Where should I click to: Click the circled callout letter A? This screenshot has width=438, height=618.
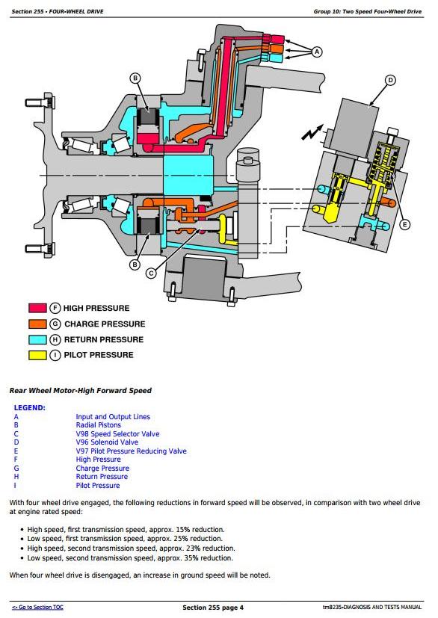click(x=317, y=52)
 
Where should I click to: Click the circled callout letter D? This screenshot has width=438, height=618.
click(x=390, y=81)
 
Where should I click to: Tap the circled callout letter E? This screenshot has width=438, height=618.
click(x=404, y=225)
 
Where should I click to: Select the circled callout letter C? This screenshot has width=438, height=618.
click(x=151, y=274)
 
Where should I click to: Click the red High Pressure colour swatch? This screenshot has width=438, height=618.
click(x=37, y=308)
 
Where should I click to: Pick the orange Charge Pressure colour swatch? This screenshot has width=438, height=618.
click(x=37, y=324)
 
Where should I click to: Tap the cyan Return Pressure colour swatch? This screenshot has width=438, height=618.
click(x=37, y=339)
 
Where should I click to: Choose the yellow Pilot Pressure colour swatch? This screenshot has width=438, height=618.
click(x=37, y=355)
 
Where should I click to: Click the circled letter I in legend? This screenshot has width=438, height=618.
click(x=55, y=355)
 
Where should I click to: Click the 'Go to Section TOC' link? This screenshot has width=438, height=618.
click(x=37, y=607)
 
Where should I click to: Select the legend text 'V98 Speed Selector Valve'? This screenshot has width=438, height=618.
click(x=117, y=433)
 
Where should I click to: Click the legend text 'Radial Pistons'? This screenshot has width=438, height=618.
click(x=98, y=425)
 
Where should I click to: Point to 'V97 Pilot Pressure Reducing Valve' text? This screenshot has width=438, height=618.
click(x=132, y=451)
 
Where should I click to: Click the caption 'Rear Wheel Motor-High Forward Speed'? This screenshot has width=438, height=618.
click(x=81, y=391)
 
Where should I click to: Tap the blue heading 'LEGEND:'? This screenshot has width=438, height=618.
click(x=30, y=408)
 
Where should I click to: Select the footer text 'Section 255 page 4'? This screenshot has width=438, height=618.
click(x=213, y=608)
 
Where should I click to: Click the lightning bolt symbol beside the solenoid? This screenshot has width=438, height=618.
click(x=312, y=132)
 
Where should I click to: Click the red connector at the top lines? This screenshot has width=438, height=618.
click(x=277, y=39)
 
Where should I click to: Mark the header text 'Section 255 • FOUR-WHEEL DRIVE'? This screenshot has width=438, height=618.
click(x=58, y=11)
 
